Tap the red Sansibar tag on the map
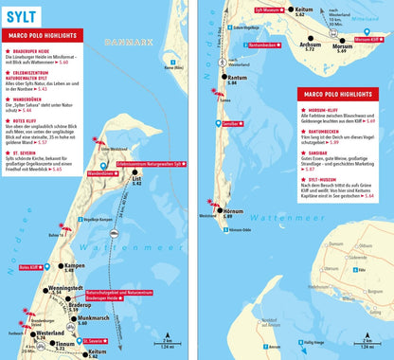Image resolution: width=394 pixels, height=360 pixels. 230,124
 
